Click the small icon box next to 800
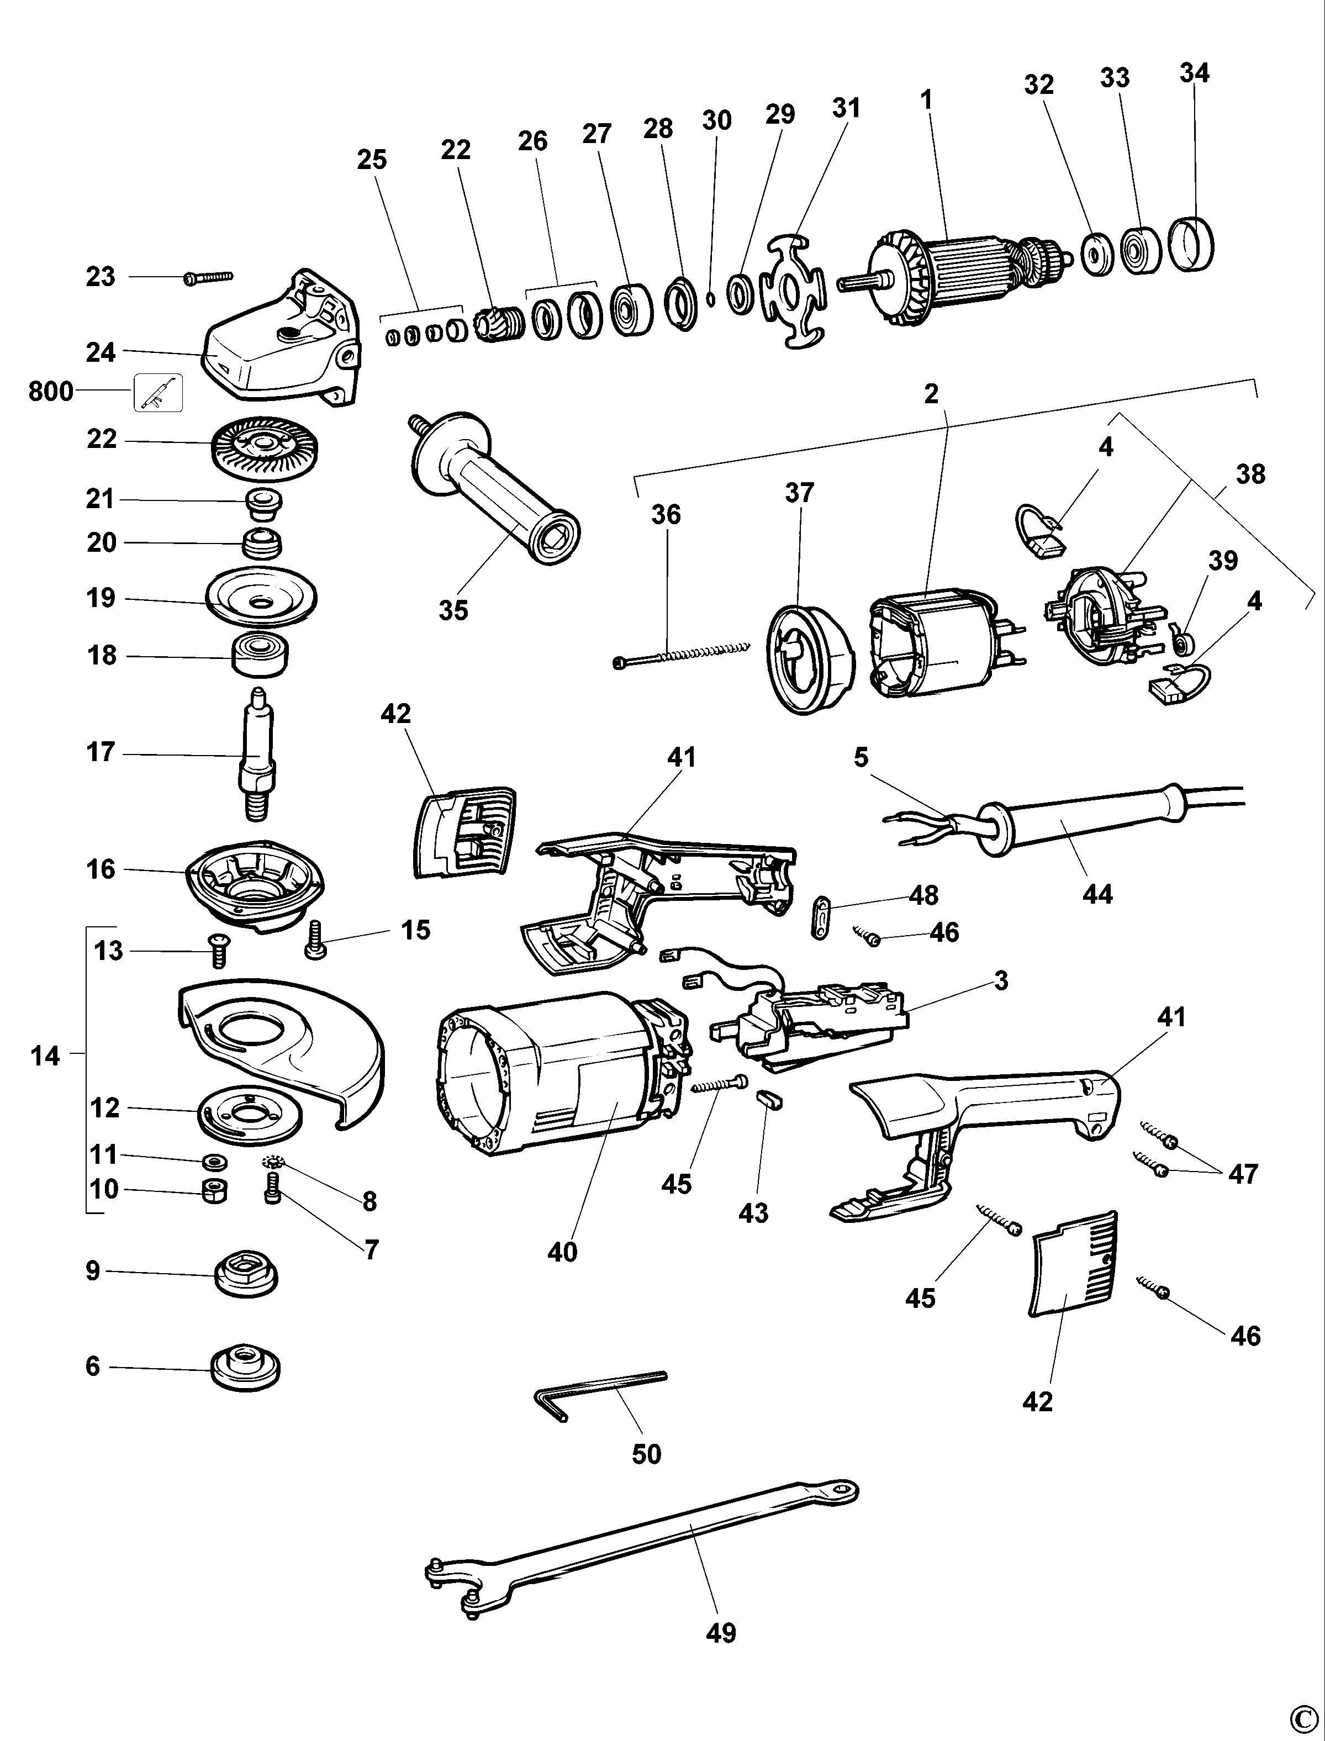159,392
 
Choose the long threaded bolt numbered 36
678,653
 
